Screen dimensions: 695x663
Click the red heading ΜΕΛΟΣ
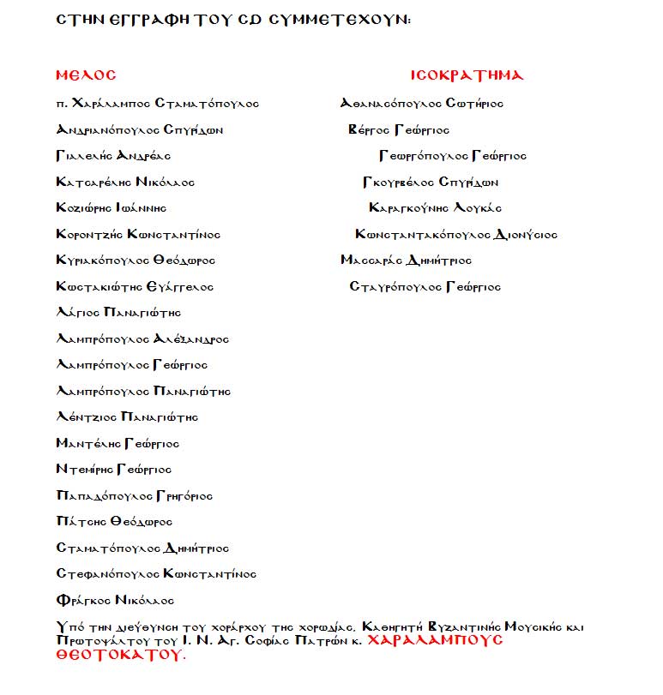pos(85,75)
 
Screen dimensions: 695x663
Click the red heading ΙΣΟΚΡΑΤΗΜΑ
pos(467,75)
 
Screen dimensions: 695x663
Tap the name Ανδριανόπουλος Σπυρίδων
pos(140,130)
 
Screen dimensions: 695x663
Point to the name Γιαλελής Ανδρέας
pos(113,156)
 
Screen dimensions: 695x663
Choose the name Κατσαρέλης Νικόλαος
pos(125,183)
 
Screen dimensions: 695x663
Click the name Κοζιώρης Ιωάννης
pos(111,208)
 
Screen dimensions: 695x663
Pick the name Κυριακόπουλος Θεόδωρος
pos(136,261)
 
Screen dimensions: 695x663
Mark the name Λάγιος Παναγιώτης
pos(118,313)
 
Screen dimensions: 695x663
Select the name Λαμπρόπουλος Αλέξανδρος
pos(142,339)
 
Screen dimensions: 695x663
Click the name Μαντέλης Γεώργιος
pos(118,444)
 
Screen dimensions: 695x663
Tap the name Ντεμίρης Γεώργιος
pos(114,470)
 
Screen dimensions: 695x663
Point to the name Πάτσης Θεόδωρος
pos(114,522)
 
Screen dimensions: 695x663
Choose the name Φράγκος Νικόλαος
pos(115,601)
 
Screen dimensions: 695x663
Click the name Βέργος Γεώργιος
pos(399,130)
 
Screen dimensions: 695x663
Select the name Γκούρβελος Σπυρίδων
pos(431,183)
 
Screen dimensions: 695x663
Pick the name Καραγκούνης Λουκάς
pos(436,208)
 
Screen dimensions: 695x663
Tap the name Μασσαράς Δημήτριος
pos(406,261)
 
